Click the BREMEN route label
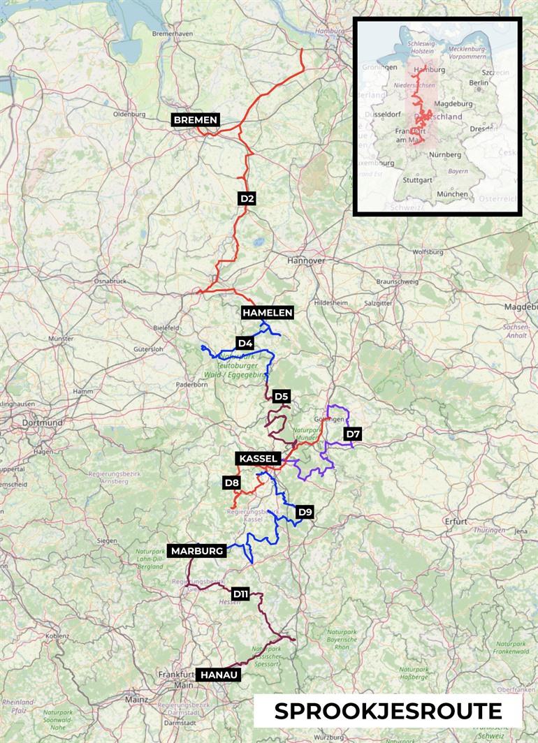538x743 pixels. (196, 120)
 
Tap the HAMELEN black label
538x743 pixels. (267, 312)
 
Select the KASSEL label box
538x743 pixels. (259, 459)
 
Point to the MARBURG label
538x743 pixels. (198, 550)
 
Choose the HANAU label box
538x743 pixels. (219, 675)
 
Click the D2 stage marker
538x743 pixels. (247, 198)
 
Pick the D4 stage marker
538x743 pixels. (245, 343)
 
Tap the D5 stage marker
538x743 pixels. (281, 397)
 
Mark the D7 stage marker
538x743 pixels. (354, 435)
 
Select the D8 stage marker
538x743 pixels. (232, 482)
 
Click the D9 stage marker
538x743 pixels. (305, 512)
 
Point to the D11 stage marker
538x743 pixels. (240, 594)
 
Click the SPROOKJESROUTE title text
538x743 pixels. (388, 711)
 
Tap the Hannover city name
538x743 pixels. (306, 260)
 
